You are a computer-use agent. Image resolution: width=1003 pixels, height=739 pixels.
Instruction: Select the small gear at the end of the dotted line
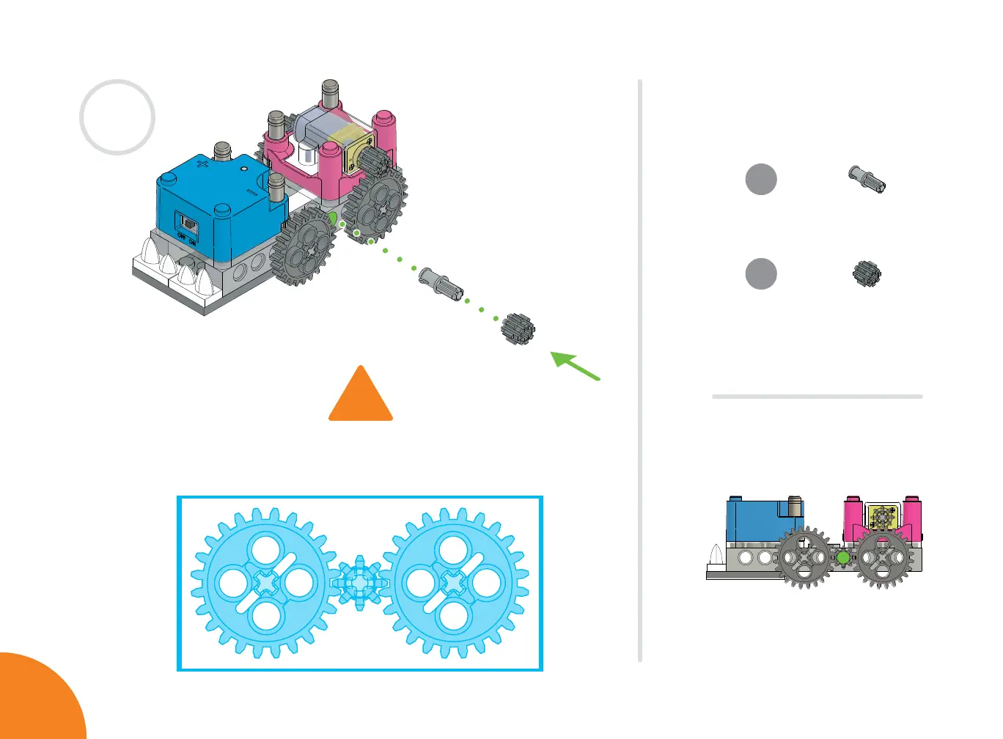(x=518, y=329)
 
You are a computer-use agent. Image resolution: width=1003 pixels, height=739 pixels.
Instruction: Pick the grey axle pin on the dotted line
(x=441, y=284)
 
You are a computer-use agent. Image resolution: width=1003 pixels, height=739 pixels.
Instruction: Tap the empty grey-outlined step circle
(x=117, y=117)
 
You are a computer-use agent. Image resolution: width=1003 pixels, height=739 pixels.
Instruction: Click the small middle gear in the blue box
(x=359, y=583)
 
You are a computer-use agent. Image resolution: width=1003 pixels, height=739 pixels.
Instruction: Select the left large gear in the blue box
(x=264, y=583)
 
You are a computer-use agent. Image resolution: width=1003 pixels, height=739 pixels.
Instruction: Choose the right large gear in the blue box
(x=455, y=583)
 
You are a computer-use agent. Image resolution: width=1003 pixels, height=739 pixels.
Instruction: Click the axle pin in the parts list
(x=867, y=179)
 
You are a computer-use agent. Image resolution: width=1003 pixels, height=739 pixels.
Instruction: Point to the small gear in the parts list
(x=867, y=274)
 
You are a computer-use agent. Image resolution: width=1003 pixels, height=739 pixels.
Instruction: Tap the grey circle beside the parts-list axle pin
(x=761, y=179)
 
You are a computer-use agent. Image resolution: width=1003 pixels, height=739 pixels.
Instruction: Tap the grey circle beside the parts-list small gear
(x=761, y=274)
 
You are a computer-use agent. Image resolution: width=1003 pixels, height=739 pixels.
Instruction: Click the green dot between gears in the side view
(x=843, y=558)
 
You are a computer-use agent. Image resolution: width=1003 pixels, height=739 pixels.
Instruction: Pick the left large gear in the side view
(x=805, y=557)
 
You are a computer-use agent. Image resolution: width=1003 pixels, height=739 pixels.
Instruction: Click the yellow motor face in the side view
(x=883, y=518)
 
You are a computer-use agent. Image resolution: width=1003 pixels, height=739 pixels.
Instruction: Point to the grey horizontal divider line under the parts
(x=817, y=397)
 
